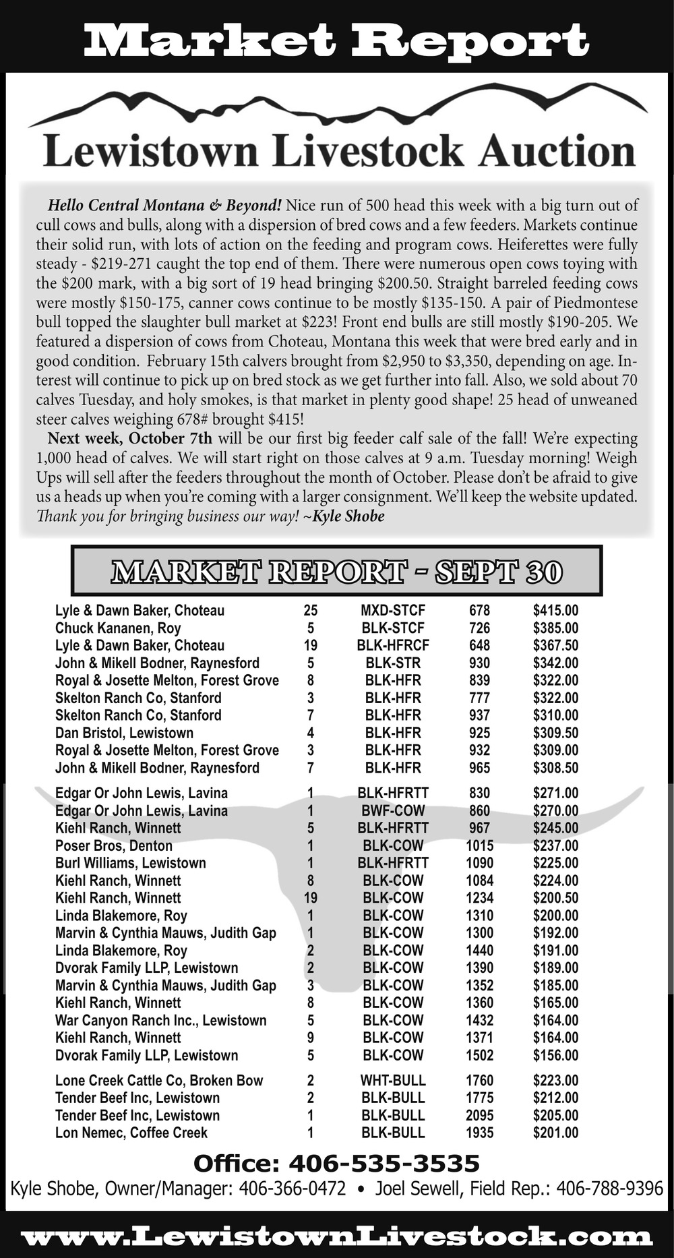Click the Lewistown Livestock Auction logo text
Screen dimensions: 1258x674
(x=339, y=152)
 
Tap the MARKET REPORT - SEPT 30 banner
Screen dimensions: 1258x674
(x=336, y=571)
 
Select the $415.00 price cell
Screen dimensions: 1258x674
(x=555, y=611)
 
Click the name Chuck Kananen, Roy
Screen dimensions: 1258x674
(x=118, y=628)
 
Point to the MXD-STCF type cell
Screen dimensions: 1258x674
(x=393, y=611)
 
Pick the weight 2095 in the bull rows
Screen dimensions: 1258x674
(x=479, y=1115)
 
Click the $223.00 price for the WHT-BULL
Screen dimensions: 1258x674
(x=555, y=1080)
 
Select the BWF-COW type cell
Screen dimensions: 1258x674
(x=393, y=810)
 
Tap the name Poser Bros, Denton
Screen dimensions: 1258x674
(x=114, y=845)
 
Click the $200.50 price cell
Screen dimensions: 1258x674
(x=555, y=898)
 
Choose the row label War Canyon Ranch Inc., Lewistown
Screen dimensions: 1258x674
(x=161, y=1020)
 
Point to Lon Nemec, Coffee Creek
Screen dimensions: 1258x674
(x=131, y=1133)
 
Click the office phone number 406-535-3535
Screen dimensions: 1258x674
(x=384, y=1163)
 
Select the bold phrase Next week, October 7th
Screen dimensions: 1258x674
(x=129, y=438)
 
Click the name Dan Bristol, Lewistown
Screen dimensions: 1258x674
(x=124, y=733)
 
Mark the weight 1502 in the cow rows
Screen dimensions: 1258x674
(x=479, y=1055)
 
